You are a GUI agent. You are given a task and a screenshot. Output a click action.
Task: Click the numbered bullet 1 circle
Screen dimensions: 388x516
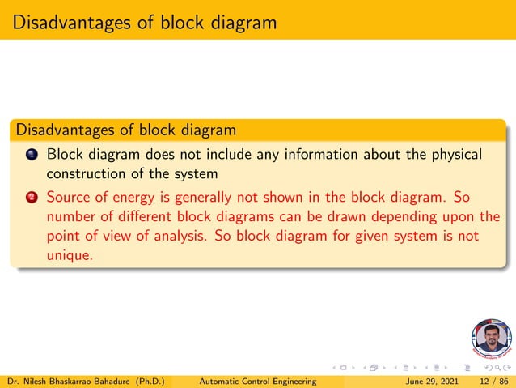point(30,155)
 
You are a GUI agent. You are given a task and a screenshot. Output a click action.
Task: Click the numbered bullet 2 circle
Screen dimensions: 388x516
point(30,198)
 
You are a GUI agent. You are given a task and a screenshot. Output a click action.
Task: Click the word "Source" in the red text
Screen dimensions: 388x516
point(68,197)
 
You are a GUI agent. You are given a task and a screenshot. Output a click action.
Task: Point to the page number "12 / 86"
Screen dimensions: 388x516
point(493,380)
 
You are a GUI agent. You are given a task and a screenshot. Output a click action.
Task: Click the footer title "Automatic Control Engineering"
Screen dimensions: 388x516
point(256,380)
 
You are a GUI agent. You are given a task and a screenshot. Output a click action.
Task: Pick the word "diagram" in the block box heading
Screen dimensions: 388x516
point(205,129)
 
